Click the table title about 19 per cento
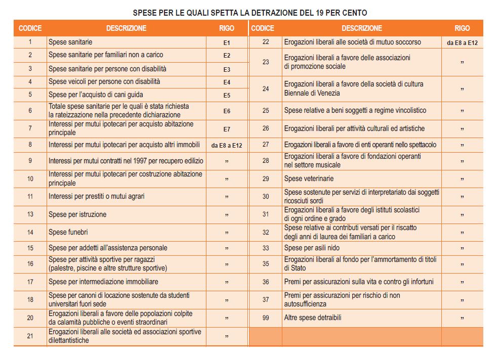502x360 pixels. click(x=250, y=12)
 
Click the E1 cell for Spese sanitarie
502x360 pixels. click(x=227, y=43)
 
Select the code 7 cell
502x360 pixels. click(x=30, y=128)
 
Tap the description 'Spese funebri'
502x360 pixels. click(x=68, y=232)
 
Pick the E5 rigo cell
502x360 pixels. click(x=227, y=95)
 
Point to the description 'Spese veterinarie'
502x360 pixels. click(x=309, y=178)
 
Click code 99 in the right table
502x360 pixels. click(x=266, y=318)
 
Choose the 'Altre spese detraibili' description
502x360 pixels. click(x=313, y=318)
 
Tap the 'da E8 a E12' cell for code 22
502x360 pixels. click(x=462, y=43)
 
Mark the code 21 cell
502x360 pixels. click(x=30, y=336)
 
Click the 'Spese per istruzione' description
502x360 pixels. click(x=77, y=214)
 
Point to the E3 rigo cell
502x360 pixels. click(x=227, y=69)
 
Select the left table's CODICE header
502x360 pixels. click(x=30, y=28)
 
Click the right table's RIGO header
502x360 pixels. click(x=462, y=28)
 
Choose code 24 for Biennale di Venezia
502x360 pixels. click(x=266, y=88)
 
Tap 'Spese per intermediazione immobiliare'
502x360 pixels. click(x=103, y=282)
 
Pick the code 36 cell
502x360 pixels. click(x=266, y=282)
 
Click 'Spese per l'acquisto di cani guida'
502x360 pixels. click(x=96, y=95)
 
